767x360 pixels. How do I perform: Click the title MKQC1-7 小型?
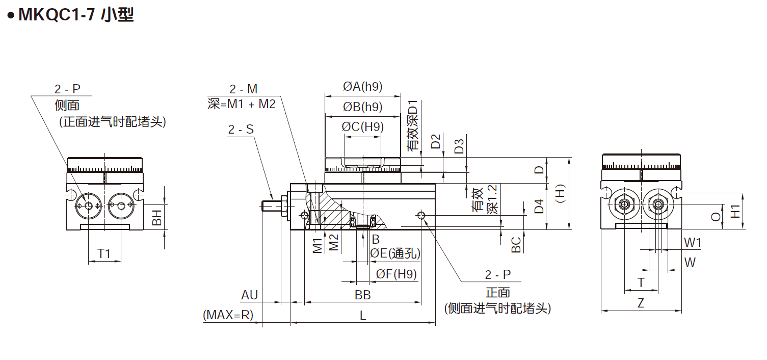(x=75, y=15)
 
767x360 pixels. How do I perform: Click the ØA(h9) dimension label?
(x=362, y=87)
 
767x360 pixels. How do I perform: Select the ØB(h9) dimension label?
(x=362, y=107)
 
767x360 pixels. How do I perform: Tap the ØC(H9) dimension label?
(x=362, y=127)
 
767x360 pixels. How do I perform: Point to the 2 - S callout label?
(x=241, y=130)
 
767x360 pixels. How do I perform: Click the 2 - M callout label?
(x=244, y=89)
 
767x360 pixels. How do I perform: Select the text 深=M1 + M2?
(x=242, y=104)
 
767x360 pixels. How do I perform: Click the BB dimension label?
(x=362, y=295)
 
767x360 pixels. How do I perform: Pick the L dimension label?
(x=363, y=316)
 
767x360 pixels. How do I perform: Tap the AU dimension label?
(x=250, y=295)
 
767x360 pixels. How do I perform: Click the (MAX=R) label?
(x=228, y=315)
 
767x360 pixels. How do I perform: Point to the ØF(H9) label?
(x=396, y=274)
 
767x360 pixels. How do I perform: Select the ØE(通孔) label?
(x=395, y=253)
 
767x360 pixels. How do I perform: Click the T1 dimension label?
(x=104, y=254)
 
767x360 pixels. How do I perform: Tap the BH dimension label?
(x=157, y=218)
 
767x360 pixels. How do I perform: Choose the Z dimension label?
(x=641, y=303)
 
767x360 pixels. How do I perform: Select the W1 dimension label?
(x=692, y=243)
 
